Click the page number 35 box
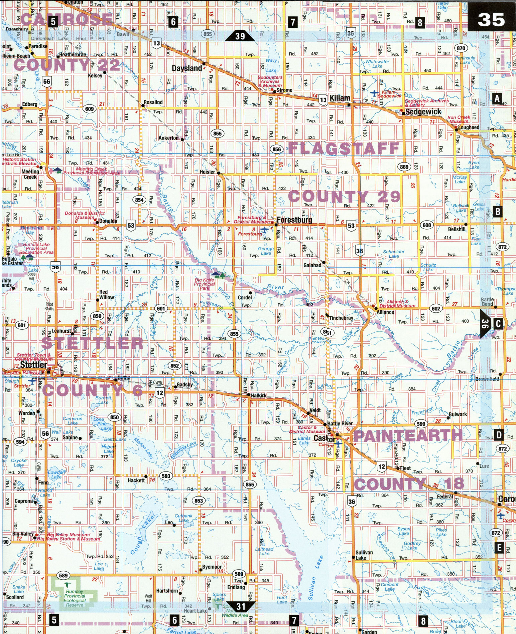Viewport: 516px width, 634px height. click(491, 20)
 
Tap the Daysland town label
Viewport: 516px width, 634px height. click(186, 68)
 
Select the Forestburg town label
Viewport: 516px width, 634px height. click(294, 220)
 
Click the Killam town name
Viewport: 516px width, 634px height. click(340, 98)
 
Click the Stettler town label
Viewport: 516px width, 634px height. click(33, 365)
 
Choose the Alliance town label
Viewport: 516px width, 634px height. click(385, 312)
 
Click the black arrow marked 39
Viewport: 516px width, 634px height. click(240, 36)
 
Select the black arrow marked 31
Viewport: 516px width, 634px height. click(241, 606)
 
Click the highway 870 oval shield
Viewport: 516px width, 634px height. click(461, 48)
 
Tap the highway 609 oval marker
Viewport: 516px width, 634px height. click(89, 109)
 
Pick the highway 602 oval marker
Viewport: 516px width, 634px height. click(436, 309)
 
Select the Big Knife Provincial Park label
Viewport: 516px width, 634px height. click(205, 284)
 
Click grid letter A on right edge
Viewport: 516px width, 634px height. click(497, 98)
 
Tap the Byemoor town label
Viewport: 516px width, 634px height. click(212, 567)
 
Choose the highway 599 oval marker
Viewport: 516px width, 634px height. click(421, 424)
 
